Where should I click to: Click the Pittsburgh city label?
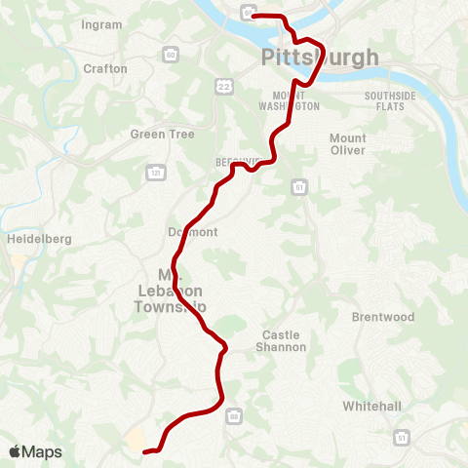coord(320,58)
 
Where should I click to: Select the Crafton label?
coord(105,69)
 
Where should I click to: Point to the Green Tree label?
coord(163,135)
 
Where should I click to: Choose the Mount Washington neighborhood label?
coord(289,101)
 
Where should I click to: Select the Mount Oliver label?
coord(347,144)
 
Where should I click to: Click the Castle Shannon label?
coord(281,340)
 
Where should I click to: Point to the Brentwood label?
coord(383,318)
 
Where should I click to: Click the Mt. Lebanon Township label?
coord(171,291)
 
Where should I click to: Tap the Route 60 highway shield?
coord(171,56)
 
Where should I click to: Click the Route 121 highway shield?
coord(155,173)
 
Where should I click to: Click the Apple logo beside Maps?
coord(15,451)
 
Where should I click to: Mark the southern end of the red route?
coord(145,451)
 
